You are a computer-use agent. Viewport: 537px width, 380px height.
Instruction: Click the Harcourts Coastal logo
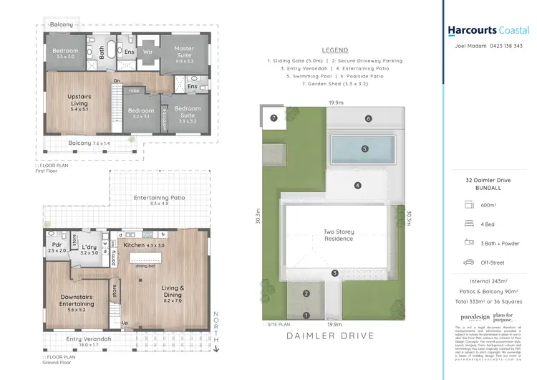(488, 30)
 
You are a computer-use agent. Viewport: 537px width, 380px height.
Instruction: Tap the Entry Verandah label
(79, 341)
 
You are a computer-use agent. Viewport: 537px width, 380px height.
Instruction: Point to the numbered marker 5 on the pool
(364, 149)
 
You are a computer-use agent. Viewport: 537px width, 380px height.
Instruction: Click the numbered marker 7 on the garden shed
(273, 118)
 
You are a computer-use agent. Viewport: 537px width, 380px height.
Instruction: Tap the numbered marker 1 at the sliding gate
(306, 315)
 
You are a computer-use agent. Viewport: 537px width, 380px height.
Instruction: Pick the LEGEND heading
(334, 50)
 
